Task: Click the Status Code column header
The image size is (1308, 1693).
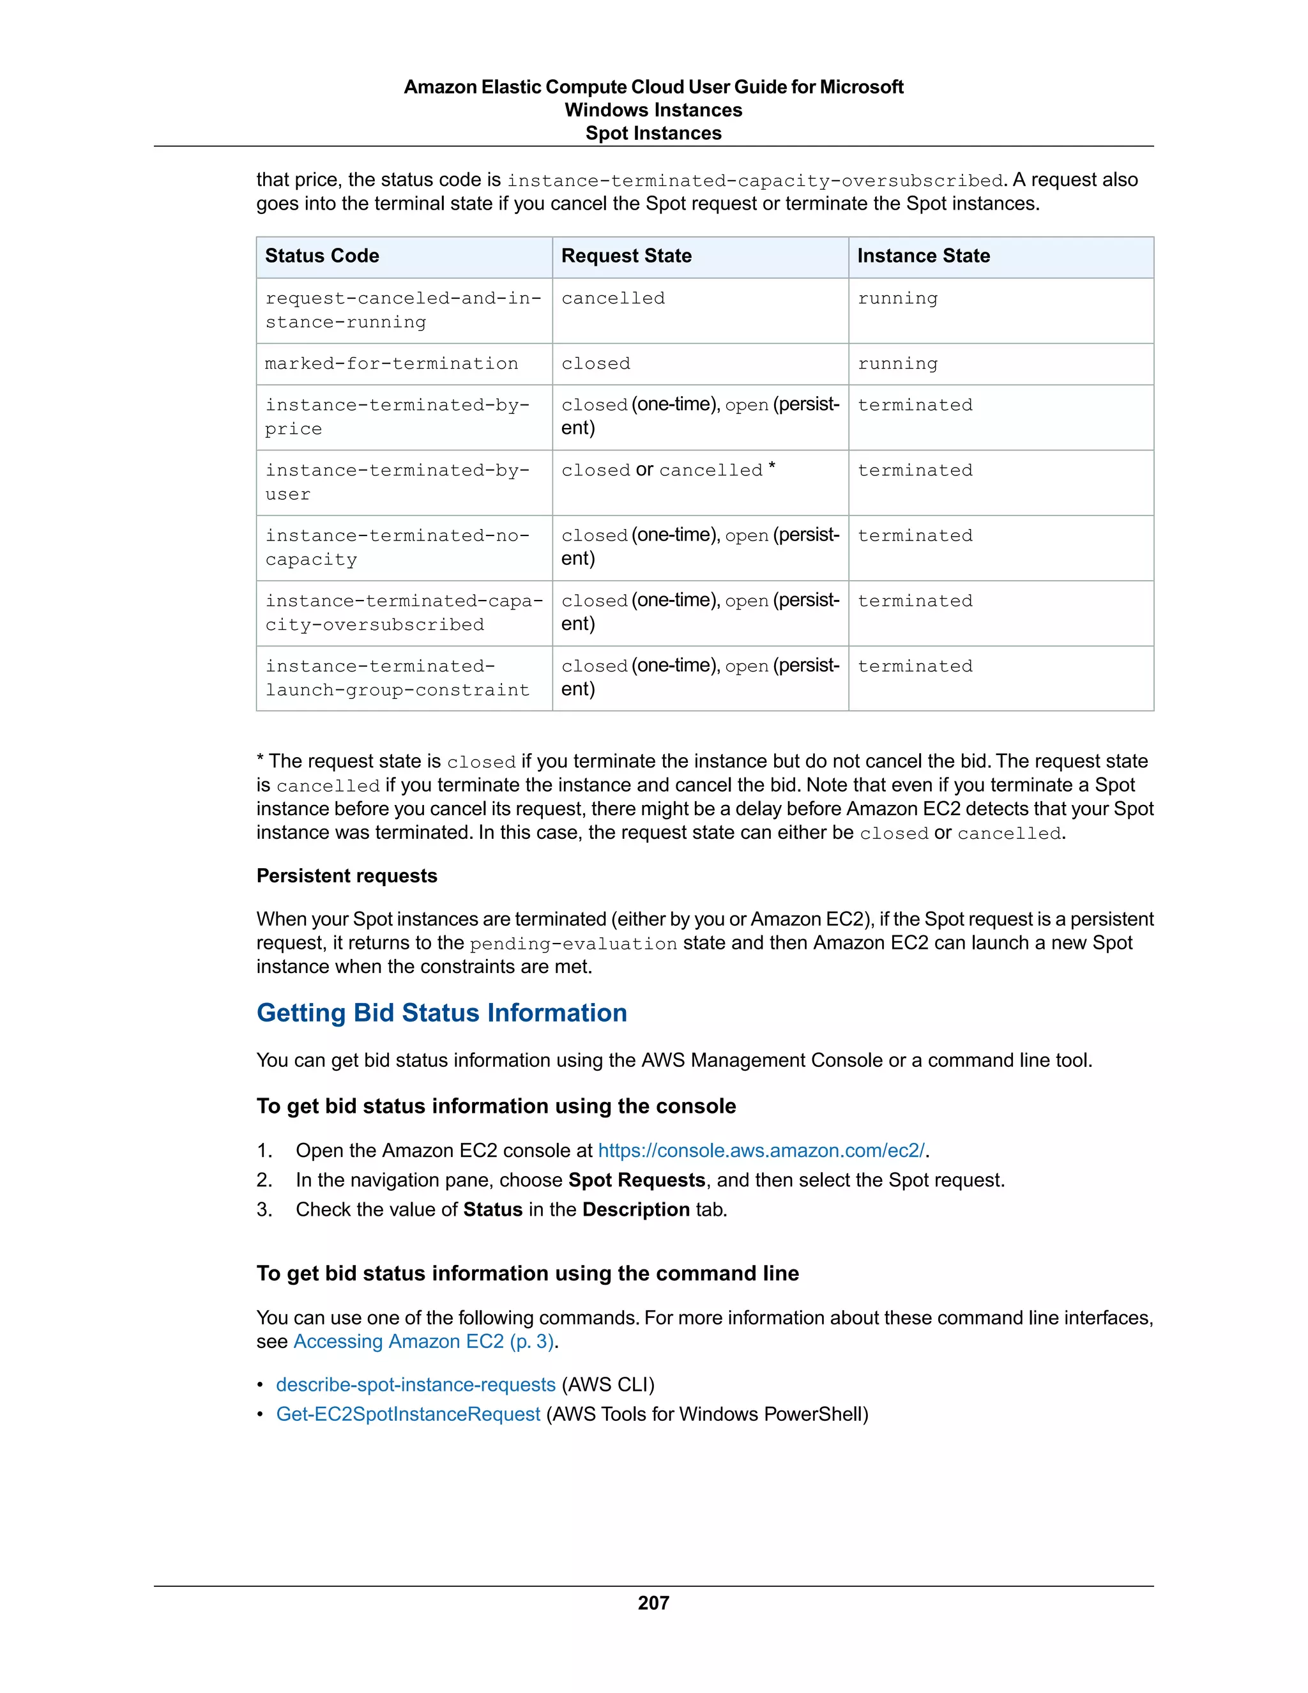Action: coord(322,256)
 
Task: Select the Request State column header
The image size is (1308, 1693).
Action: coord(626,256)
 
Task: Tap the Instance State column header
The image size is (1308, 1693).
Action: coord(923,256)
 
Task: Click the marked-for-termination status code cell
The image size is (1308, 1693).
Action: coord(392,364)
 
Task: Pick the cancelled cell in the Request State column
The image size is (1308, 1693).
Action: coord(613,298)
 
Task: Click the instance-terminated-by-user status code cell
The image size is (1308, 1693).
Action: coord(397,482)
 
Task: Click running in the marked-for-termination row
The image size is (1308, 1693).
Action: coord(897,364)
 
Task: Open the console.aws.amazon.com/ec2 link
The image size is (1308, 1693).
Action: coord(761,1151)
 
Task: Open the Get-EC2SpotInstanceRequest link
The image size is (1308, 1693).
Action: coord(407,1414)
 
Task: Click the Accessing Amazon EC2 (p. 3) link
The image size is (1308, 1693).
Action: coord(423,1341)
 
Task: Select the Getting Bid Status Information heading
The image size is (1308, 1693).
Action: coord(442,1013)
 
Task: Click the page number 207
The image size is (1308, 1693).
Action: coord(653,1602)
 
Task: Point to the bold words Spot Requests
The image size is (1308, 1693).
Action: coord(636,1180)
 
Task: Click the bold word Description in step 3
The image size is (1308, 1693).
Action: coord(635,1209)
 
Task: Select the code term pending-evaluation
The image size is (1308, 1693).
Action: coord(573,944)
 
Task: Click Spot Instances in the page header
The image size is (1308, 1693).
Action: coord(653,134)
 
